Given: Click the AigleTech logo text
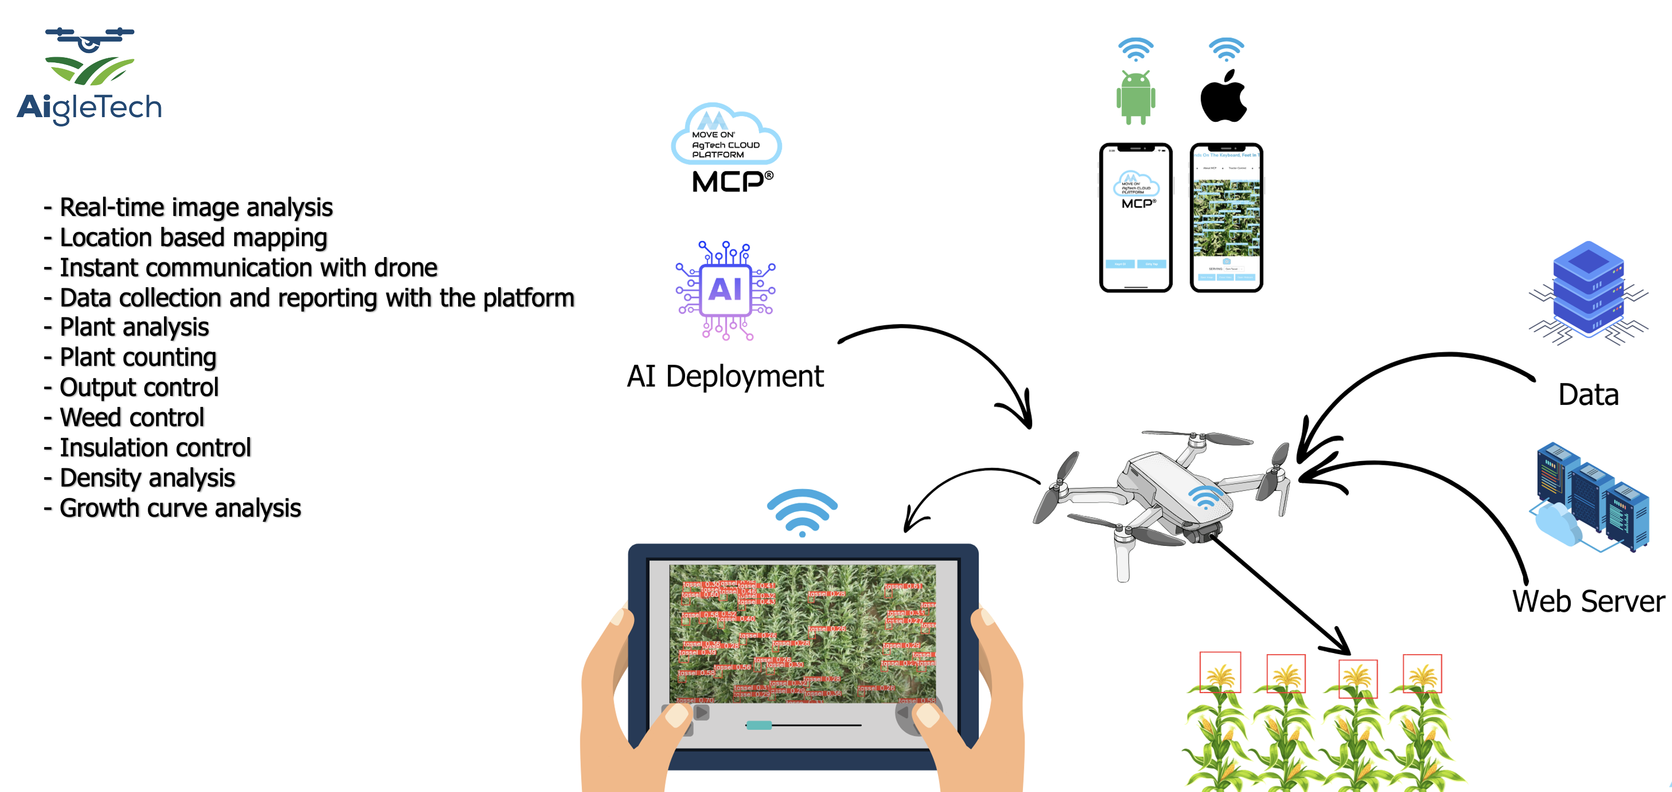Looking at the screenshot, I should tap(90, 107).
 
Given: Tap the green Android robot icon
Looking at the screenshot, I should tap(1135, 97).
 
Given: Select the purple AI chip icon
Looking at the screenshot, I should tap(726, 290).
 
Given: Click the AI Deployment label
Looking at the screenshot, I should tap(725, 376).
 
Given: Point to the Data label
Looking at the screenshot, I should tap(1588, 394).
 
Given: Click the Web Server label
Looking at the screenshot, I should tap(1588, 602).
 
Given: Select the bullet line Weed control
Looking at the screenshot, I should tap(132, 418).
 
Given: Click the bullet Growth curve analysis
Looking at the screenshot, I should tap(180, 508).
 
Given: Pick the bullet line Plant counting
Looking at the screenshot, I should tap(137, 357).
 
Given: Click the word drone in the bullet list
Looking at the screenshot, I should tap(406, 268).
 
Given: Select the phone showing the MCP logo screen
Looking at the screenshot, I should tap(1135, 218).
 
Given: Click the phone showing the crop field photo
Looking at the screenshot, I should tap(1226, 218).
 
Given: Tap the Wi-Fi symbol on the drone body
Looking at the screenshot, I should tap(1205, 497).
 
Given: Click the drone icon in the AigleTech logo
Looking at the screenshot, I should tap(90, 39).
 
